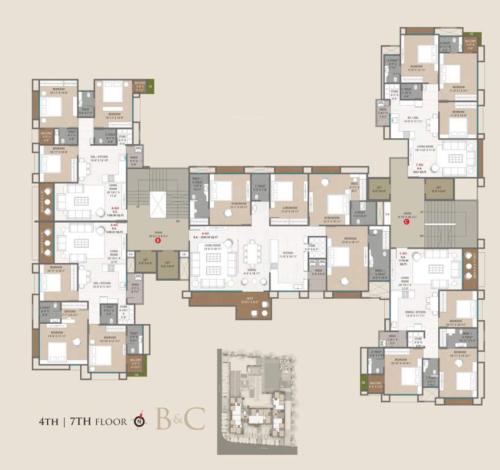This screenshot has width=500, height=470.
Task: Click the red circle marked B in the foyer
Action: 157,241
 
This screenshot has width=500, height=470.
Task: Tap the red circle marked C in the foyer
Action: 406,222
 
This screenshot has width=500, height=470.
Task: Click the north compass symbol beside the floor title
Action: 141,421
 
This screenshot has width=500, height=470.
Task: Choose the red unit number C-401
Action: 403,253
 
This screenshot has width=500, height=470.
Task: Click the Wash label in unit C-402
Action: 382,114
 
